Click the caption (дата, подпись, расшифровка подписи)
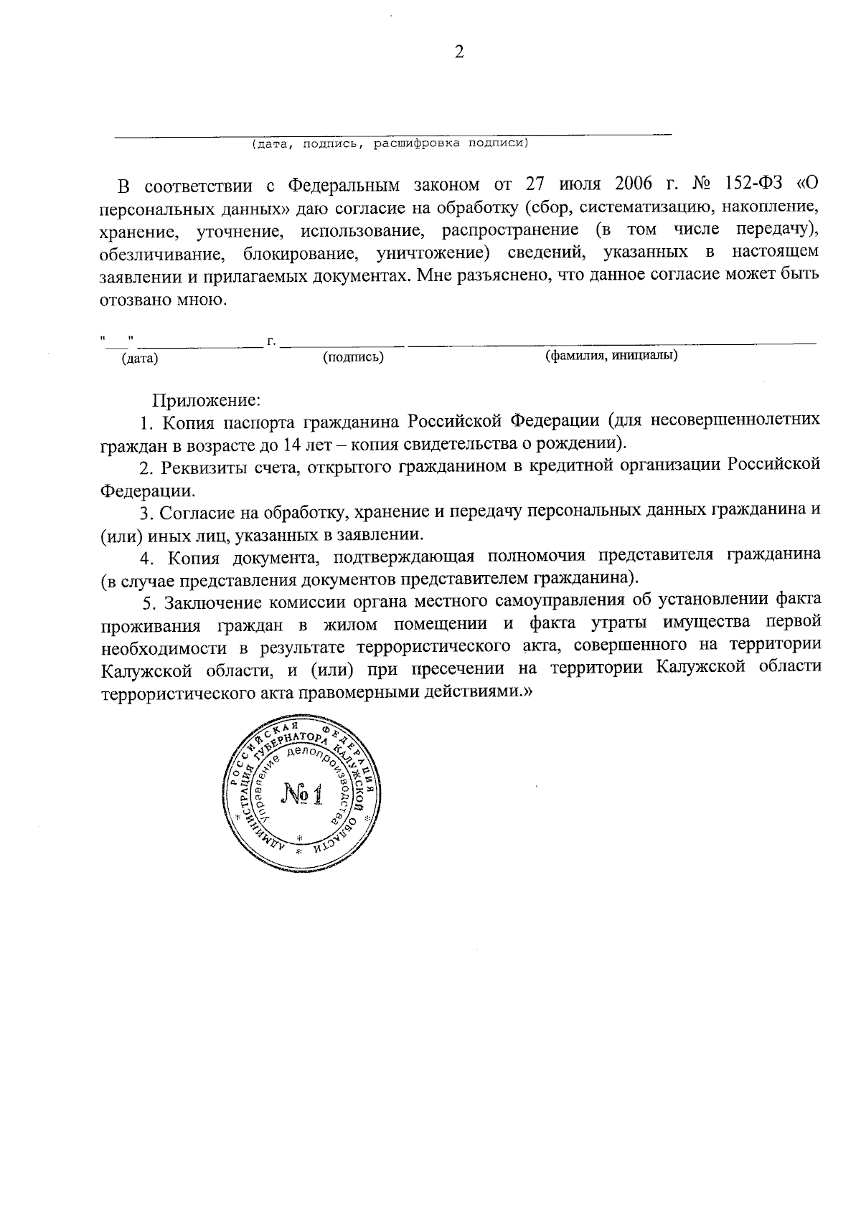click(x=390, y=144)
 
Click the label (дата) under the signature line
click(x=141, y=358)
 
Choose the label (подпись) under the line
click(x=354, y=356)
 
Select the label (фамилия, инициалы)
click(x=611, y=355)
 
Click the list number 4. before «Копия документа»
click(x=149, y=557)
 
